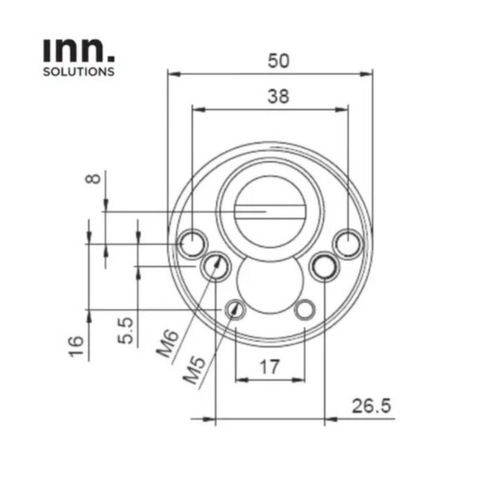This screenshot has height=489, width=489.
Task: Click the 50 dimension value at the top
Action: point(279,61)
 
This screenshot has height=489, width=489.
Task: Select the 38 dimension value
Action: point(278,97)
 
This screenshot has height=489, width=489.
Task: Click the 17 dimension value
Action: point(270,365)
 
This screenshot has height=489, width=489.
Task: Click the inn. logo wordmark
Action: point(78,51)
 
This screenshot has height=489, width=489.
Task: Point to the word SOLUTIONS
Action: point(78,71)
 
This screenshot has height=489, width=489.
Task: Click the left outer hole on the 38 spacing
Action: point(190,244)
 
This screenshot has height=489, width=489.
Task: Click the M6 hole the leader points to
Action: point(214,265)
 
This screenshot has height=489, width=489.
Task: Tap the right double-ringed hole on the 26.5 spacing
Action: point(324,266)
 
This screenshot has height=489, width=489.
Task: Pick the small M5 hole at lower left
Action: point(235,308)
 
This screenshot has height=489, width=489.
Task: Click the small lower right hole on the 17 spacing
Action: point(305,308)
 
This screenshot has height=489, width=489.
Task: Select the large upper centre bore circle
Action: point(269,210)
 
